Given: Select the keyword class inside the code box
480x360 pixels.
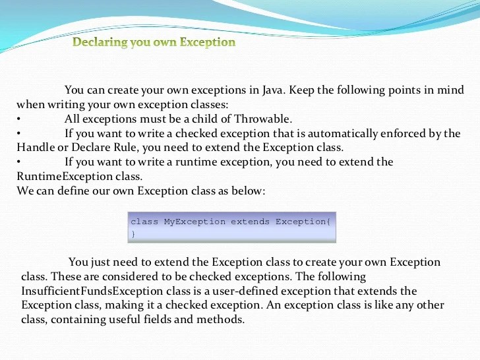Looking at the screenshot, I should point(144,222).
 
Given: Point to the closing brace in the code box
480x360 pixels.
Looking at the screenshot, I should point(133,233).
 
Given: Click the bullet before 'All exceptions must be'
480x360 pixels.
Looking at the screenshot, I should point(19,119).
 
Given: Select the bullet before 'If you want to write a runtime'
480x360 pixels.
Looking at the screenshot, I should point(19,162).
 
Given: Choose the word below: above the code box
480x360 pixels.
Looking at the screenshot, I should point(249,191).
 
